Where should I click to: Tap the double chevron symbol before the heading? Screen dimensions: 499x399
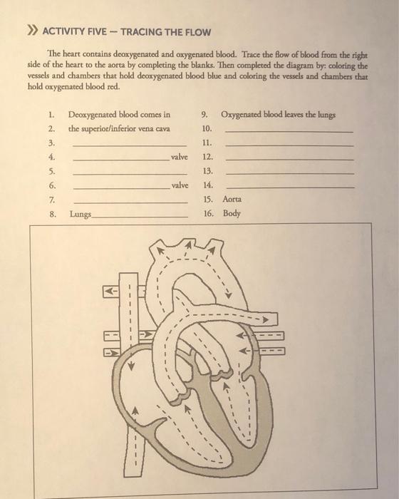[x=31, y=32]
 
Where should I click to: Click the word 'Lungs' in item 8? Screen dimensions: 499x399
[x=80, y=213]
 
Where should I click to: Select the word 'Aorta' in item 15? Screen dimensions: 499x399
[x=232, y=200]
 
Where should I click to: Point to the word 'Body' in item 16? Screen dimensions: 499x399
[x=232, y=213]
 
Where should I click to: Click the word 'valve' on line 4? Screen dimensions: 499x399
[x=180, y=157]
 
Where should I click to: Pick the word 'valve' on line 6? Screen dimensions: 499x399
[x=180, y=185]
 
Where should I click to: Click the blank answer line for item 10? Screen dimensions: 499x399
[x=289, y=132]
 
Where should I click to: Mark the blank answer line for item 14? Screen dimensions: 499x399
[x=289, y=187]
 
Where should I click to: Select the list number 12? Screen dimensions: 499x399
[x=207, y=157]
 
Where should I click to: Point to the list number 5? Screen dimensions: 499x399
[x=51, y=171]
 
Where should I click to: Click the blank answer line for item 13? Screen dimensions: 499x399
[x=289, y=174]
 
